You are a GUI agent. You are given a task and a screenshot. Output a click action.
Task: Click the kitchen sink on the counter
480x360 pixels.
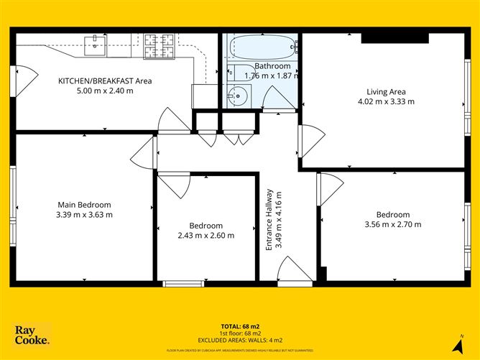coord(94,45)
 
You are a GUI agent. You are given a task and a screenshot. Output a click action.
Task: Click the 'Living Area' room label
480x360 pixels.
coord(386,91)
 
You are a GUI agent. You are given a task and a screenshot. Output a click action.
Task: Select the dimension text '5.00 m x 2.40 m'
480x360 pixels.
coord(105,91)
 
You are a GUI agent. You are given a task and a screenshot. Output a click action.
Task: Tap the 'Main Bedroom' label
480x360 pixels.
coord(84,204)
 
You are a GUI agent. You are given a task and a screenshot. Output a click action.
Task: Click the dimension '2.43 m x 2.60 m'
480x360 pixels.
coord(206,235)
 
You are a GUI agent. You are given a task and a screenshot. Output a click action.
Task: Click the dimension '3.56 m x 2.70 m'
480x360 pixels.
coord(393,224)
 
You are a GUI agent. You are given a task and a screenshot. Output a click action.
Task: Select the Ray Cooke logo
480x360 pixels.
coord(32,335)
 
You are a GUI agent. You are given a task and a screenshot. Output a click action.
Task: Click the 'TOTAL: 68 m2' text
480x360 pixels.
coord(240,326)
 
